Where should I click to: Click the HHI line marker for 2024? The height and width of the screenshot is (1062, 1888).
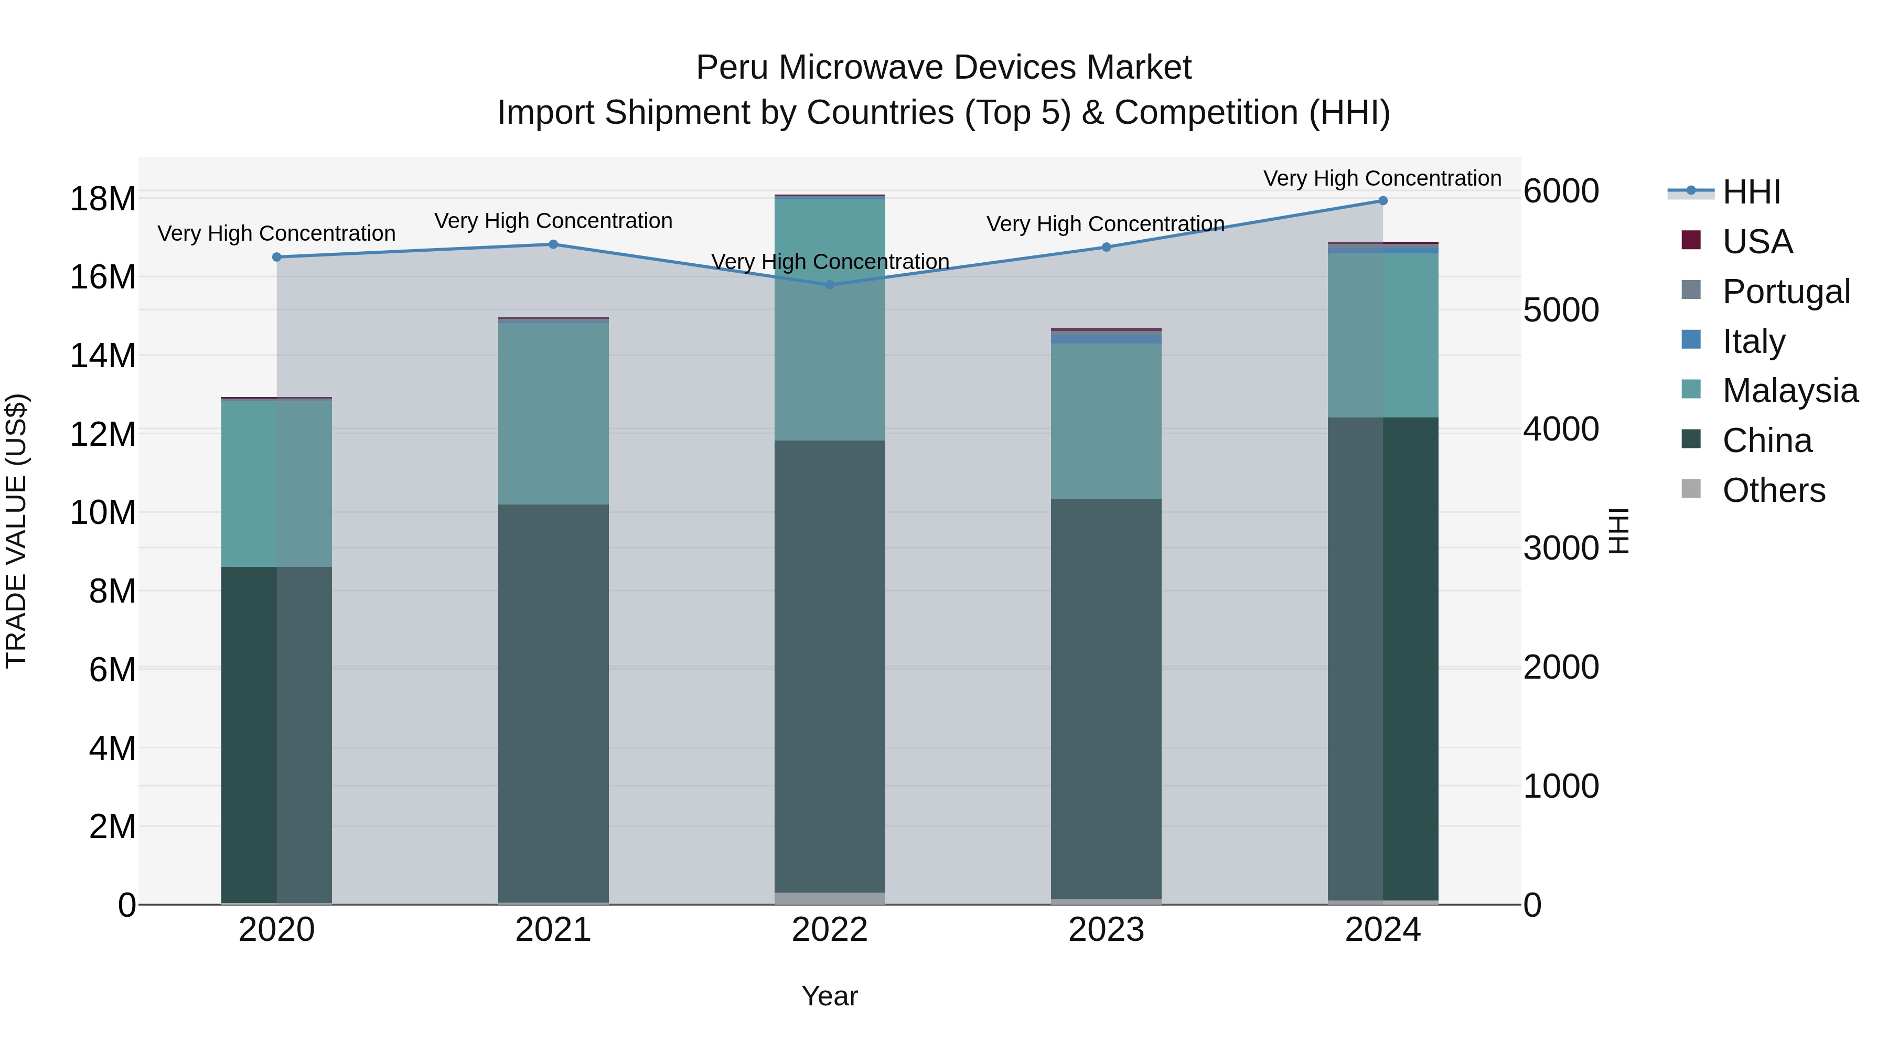click(1382, 201)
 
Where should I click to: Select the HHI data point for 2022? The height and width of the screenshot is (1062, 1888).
click(830, 284)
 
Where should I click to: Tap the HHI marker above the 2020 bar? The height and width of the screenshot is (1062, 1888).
click(276, 258)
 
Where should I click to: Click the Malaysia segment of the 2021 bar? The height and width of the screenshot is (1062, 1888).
click(553, 414)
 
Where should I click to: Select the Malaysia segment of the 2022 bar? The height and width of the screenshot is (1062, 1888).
click(830, 319)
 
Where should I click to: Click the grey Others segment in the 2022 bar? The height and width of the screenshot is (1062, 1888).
click(830, 898)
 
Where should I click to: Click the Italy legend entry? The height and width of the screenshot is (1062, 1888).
click(1753, 341)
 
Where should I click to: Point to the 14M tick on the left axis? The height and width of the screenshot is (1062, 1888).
click(103, 356)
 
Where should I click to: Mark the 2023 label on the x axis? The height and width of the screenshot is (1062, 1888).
click(1106, 930)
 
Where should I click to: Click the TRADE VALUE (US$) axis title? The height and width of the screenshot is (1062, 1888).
click(17, 531)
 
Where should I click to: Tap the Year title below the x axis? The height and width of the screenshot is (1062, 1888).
click(830, 996)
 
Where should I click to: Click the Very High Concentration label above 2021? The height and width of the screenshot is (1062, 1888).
click(553, 221)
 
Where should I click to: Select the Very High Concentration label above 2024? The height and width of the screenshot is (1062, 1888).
click(1382, 178)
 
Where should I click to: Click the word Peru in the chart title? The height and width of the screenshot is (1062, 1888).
click(732, 68)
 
